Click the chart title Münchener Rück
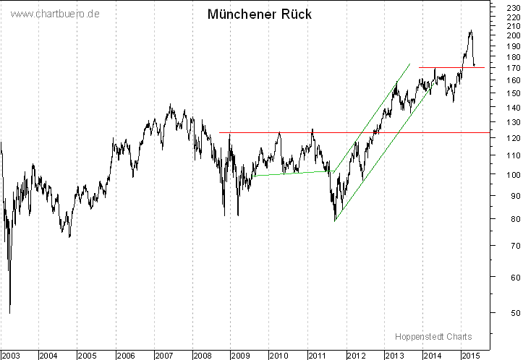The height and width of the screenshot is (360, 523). pyautogui.click(x=260, y=14)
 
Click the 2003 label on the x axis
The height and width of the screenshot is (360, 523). pyautogui.click(x=10, y=355)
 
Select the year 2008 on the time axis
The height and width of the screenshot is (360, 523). pyautogui.click(x=202, y=355)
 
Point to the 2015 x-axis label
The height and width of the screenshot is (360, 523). pyautogui.click(x=470, y=355)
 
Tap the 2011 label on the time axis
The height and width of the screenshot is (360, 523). pyautogui.click(x=317, y=355)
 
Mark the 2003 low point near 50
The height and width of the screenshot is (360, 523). pyautogui.click(x=10, y=312)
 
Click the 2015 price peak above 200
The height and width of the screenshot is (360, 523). pyautogui.click(x=470, y=31)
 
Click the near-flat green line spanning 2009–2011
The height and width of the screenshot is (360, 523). pyautogui.click(x=294, y=173)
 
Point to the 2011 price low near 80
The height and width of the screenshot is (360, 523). pyautogui.click(x=335, y=220)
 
